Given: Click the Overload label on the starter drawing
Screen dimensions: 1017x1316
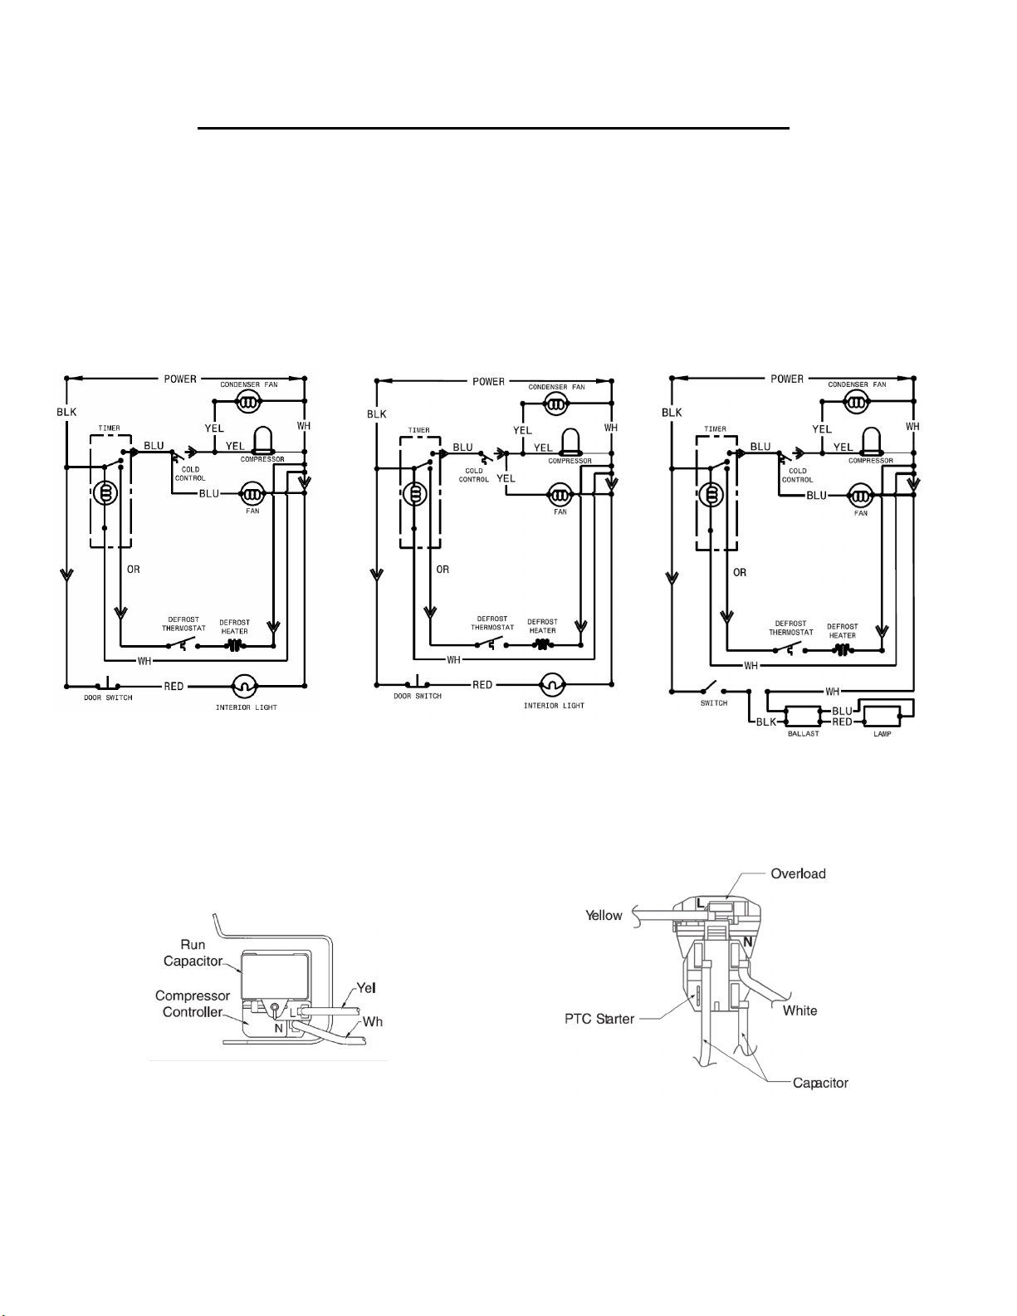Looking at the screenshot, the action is click(798, 873).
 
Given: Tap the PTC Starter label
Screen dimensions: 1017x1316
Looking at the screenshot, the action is click(599, 1019).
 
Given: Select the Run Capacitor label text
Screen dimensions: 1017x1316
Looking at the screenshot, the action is click(193, 952).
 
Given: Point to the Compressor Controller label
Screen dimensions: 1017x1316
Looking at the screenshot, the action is click(193, 1004).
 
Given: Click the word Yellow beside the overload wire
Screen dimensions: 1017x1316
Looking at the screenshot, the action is click(604, 915).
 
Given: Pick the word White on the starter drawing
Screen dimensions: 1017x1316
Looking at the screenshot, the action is click(799, 1010).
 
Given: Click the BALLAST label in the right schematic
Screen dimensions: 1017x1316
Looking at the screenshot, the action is click(804, 733).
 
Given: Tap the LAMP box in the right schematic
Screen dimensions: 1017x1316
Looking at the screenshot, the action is click(881, 717).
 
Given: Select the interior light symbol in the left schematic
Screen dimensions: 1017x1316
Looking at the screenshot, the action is click(246, 686).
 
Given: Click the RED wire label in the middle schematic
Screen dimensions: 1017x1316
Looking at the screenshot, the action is click(482, 684).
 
